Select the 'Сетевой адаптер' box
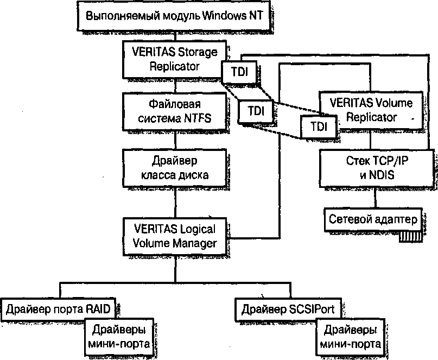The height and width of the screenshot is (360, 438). click(x=373, y=219)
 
